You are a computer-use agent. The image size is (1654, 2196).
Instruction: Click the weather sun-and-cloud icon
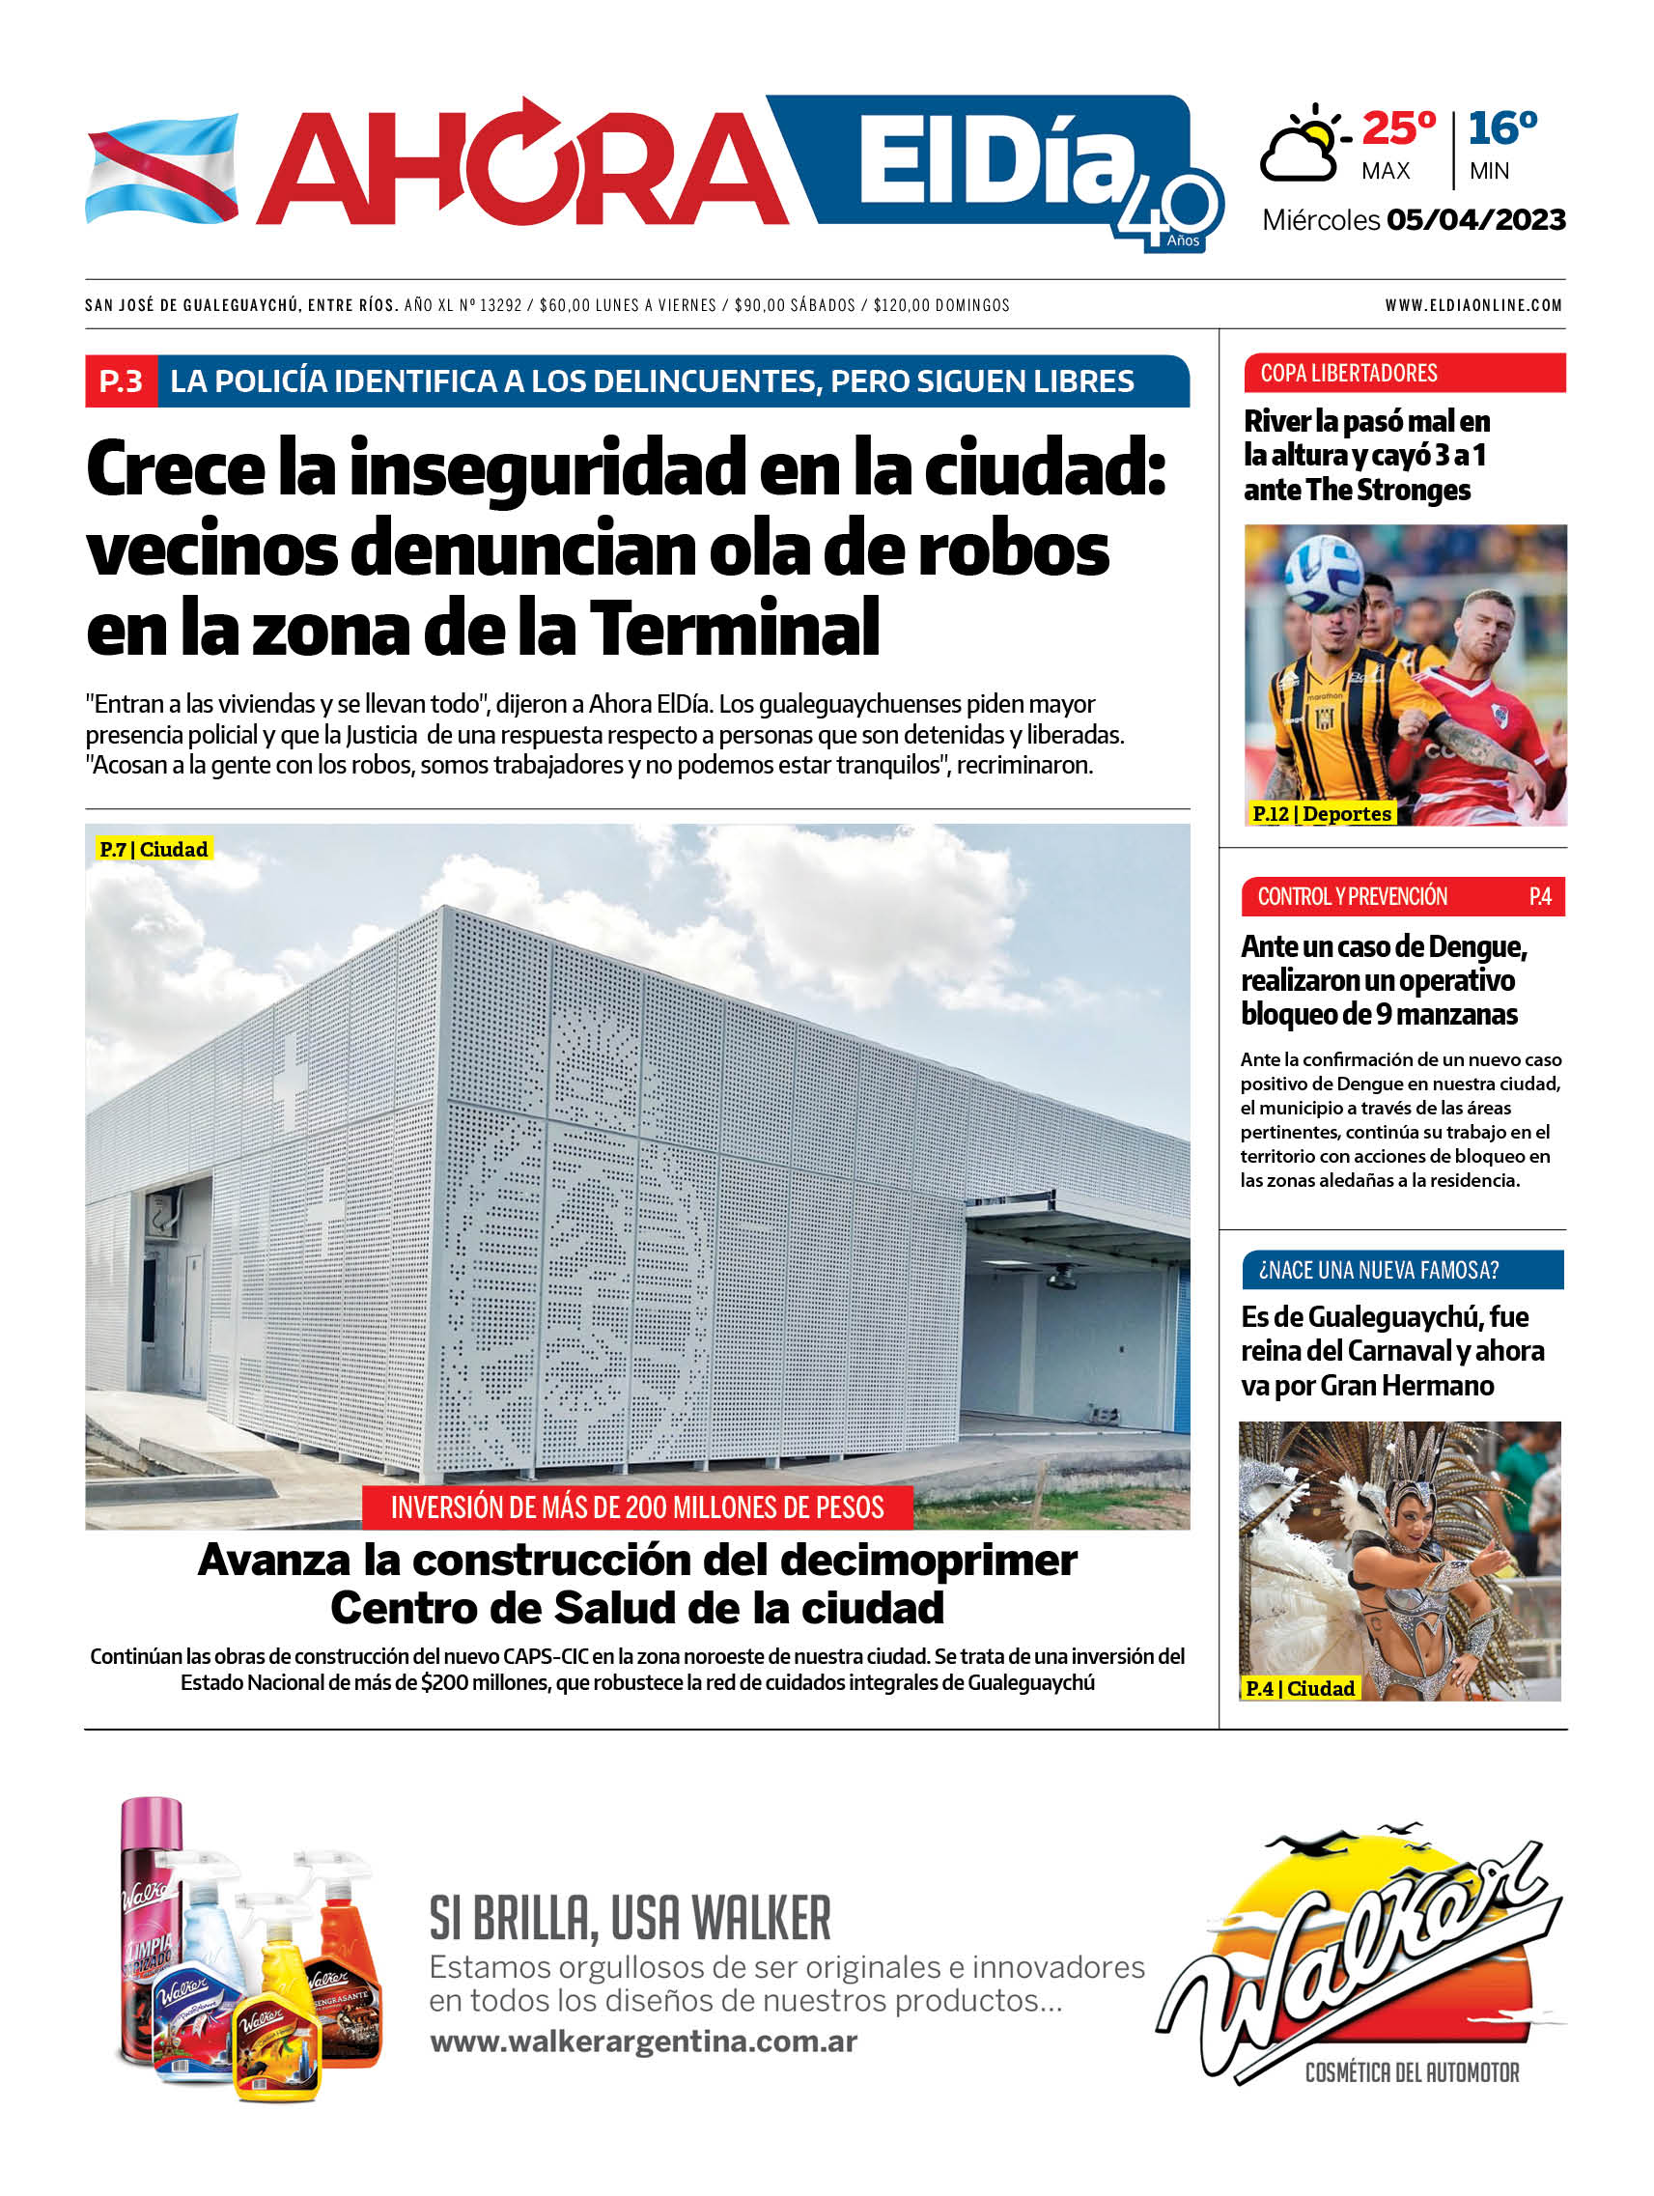point(1303,145)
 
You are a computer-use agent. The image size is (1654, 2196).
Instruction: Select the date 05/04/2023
point(1475,220)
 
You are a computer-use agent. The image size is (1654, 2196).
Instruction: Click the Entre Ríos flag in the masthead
point(162,168)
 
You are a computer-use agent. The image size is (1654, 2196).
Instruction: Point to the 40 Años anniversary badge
point(1170,213)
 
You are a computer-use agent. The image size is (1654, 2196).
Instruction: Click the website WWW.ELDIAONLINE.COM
point(1473,306)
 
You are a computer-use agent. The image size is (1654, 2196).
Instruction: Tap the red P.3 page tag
point(121,381)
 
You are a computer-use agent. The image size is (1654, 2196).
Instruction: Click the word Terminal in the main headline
point(735,629)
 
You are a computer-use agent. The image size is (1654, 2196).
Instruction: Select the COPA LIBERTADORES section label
point(1348,374)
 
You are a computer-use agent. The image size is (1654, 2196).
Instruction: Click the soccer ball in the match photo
point(1324,575)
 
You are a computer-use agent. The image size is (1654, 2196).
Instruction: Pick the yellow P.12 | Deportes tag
point(1322,814)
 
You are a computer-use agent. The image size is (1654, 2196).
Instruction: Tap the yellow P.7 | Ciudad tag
point(154,850)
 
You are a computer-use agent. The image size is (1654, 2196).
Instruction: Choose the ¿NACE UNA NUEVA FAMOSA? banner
point(1378,1270)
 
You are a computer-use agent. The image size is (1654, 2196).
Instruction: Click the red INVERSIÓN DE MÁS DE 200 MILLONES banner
point(636,1508)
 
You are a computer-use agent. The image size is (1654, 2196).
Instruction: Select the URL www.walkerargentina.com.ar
point(643,2042)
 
